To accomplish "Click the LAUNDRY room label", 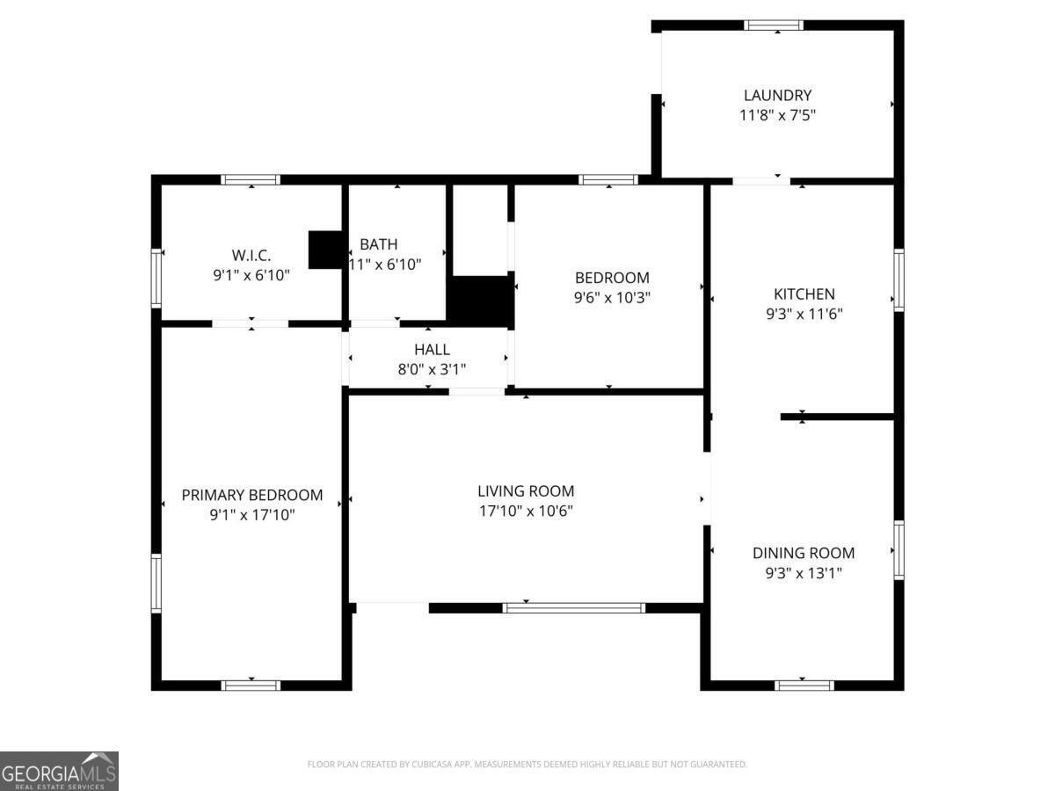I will [x=777, y=95].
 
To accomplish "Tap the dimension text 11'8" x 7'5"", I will [x=777, y=114].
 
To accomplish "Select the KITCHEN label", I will [x=804, y=294].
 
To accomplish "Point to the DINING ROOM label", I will [x=803, y=553].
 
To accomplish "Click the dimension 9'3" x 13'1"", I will [x=803, y=573].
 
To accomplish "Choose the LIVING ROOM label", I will [x=526, y=491].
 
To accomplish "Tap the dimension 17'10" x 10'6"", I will [x=526, y=511].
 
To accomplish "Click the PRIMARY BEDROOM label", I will [x=251, y=495].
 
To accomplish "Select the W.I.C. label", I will [x=251, y=255].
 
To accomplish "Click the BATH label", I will [x=378, y=244].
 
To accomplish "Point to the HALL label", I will [x=432, y=350].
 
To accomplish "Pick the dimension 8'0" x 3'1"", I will [x=432, y=369].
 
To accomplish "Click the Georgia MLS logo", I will [x=59, y=771].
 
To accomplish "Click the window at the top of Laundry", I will [x=773, y=25].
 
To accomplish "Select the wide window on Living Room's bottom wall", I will [x=574, y=607].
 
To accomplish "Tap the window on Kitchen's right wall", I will [x=899, y=279].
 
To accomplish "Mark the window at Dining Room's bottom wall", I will [x=804, y=685].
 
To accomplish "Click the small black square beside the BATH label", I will [x=325, y=250].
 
